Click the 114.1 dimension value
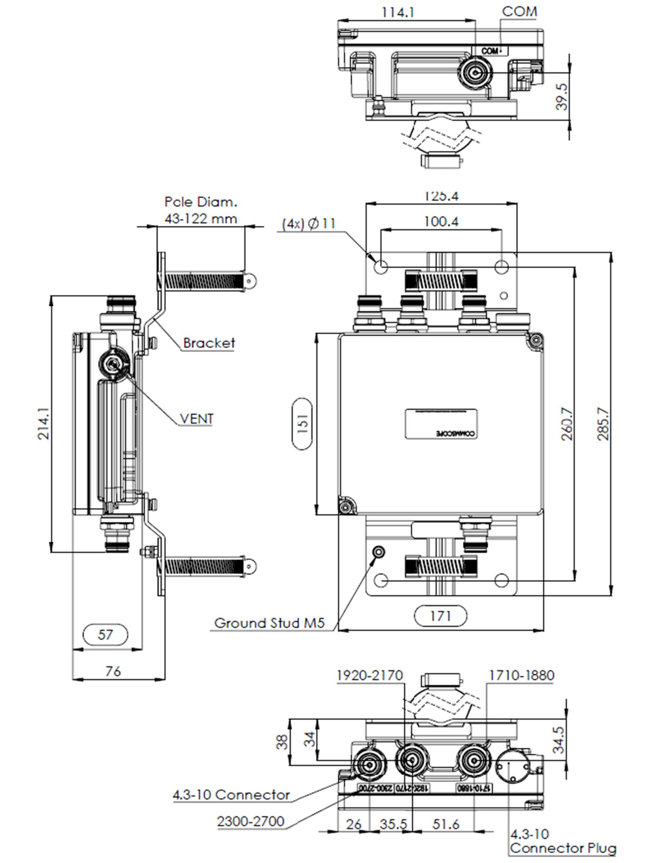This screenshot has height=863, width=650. (x=398, y=13)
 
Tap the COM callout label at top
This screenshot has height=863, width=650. (x=519, y=11)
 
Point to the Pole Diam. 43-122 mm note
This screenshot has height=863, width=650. (x=200, y=210)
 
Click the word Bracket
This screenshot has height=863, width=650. (x=209, y=343)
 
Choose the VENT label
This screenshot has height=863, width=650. (x=197, y=419)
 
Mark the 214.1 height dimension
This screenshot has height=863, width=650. (x=43, y=424)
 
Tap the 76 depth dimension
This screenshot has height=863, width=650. (x=114, y=671)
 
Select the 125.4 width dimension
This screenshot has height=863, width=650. (x=441, y=196)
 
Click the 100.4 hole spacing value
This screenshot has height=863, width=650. (x=441, y=222)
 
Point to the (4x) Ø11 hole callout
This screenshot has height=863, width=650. (x=308, y=224)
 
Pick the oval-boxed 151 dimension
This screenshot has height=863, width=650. (x=302, y=424)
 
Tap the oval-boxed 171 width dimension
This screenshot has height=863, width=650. (x=440, y=616)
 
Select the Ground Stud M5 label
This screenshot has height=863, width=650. (x=269, y=623)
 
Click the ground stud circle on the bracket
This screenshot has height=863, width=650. (x=379, y=552)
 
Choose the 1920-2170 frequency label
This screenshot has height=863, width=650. (x=369, y=675)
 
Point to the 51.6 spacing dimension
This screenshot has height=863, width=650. (x=445, y=824)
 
